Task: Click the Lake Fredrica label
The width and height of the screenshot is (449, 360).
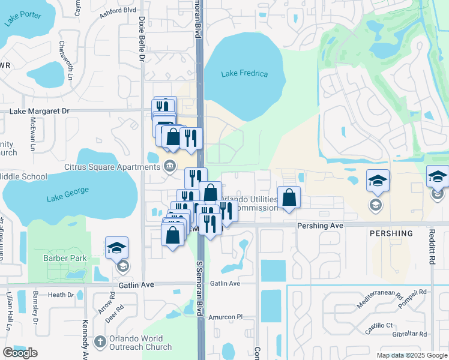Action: coord(244,74)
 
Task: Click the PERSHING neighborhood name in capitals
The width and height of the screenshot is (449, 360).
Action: coord(391,233)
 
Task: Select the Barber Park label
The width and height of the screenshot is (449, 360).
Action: coord(65,259)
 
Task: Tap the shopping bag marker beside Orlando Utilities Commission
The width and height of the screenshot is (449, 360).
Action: coord(289,197)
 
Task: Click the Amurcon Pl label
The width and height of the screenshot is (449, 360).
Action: coord(224,316)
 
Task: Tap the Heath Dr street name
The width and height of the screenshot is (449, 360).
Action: coord(61,295)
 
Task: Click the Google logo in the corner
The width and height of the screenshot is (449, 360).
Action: coord(20,352)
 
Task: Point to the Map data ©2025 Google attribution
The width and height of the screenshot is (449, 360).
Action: coord(411,355)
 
